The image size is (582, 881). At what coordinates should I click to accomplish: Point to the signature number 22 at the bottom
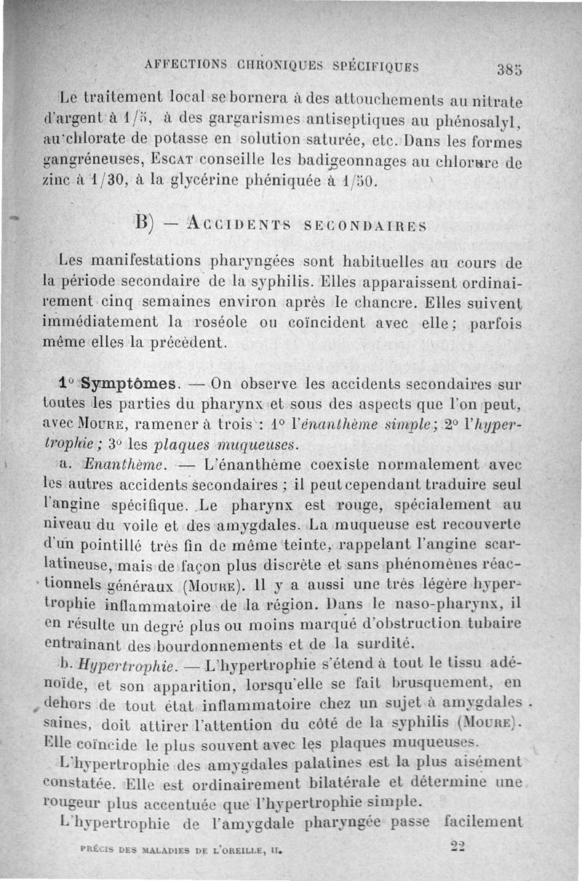coord(458,845)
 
